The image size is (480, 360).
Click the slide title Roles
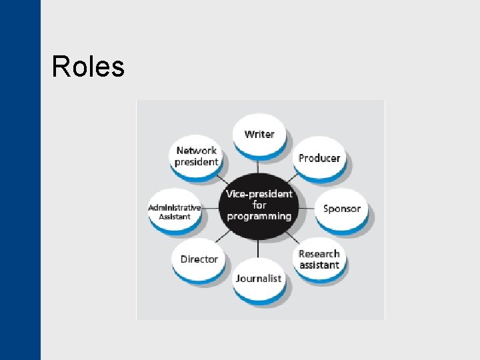coord(88,67)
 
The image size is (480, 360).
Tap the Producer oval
coord(319,158)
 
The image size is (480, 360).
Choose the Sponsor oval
coord(341,209)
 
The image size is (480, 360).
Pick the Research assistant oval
coord(319,259)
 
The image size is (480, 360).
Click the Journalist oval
coord(258,278)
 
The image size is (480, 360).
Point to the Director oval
coord(199,259)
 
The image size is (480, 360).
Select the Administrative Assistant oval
coord(174,211)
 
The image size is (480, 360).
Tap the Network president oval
coord(197,156)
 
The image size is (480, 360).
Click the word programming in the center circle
coord(259,216)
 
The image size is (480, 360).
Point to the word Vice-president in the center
coord(259,194)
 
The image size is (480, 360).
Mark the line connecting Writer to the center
coord(259,166)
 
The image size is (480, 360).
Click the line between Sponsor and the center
coord(306,208)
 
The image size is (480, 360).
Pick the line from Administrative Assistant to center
coord(211,208)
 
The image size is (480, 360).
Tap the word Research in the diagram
coord(319,254)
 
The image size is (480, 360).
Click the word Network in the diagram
coord(197,151)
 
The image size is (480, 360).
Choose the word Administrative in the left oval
coord(174,207)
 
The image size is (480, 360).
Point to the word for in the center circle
coord(259,205)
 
